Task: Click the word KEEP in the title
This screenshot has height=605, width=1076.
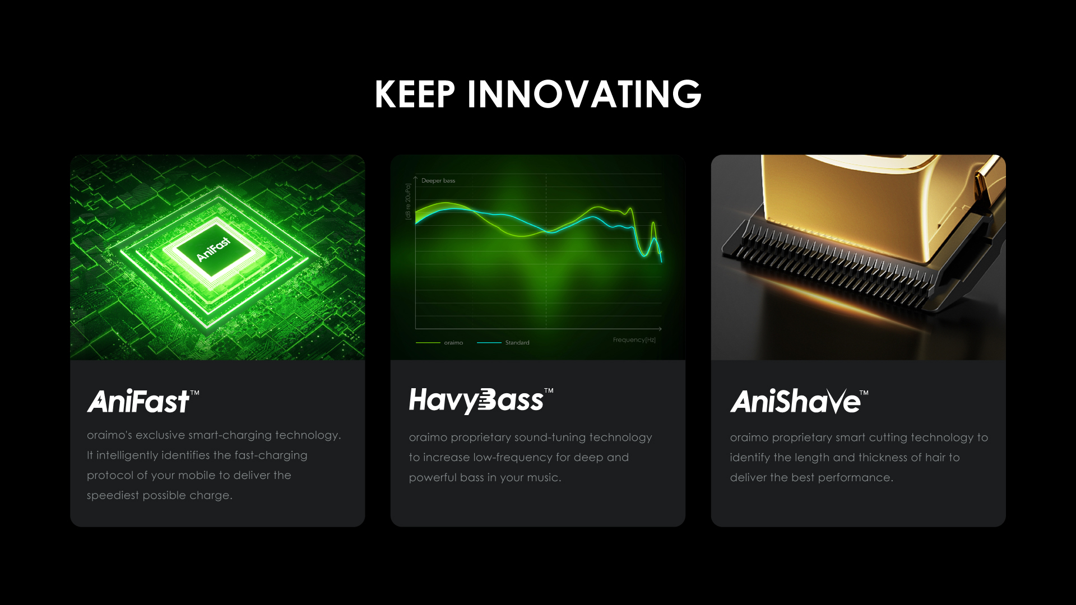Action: click(x=415, y=94)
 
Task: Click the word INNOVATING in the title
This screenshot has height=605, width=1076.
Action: click(x=585, y=94)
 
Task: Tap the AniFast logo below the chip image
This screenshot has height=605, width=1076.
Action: click(x=138, y=401)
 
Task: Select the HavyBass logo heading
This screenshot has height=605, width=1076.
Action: click(x=476, y=401)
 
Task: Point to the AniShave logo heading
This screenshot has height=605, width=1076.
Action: click(x=795, y=401)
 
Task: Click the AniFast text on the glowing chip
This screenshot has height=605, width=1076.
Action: click(x=214, y=249)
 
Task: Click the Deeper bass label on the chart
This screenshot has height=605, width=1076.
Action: click(x=438, y=181)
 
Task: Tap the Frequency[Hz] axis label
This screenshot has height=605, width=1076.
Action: click(x=634, y=340)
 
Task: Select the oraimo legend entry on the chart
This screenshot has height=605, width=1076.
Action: click(x=439, y=343)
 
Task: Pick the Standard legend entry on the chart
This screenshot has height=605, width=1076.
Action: click(x=503, y=343)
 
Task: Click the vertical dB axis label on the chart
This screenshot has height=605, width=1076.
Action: click(x=408, y=202)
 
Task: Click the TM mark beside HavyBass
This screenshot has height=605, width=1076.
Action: click(x=549, y=390)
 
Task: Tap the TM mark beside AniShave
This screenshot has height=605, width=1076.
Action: click(x=864, y=393)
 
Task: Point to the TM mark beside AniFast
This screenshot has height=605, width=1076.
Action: click(x=194, y=393)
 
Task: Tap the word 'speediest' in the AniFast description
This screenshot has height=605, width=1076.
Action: click(x=113, y=496)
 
